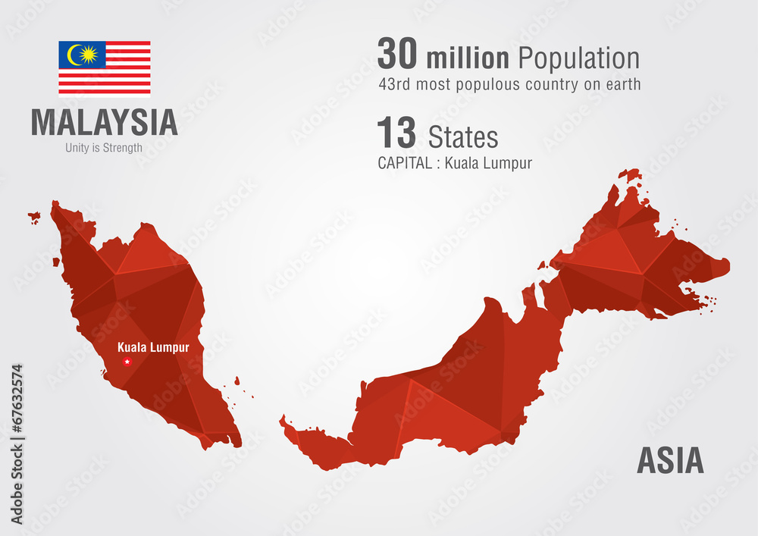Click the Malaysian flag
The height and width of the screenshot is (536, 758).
point(105,68)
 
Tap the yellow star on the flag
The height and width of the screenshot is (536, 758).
point(88,55)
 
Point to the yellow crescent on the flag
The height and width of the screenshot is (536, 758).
point(74,55)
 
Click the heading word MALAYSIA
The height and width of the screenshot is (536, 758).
point(105,123)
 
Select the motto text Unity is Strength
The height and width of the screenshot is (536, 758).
point(104,148)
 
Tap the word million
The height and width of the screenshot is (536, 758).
point(468,58)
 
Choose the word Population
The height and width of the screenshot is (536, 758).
point(579,59)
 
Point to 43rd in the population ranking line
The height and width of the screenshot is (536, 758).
point(394,84)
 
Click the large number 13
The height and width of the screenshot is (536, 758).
point(396,134)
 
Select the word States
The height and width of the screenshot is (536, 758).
point(463,137)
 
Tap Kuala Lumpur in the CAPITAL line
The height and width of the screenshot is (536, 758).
point(488,163)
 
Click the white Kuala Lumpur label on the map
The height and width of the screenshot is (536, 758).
point(153,347)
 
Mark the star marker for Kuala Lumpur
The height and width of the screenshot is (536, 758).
point(127,361)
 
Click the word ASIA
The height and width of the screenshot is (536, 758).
point(669,461)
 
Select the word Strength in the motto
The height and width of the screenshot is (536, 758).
point(121,148)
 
